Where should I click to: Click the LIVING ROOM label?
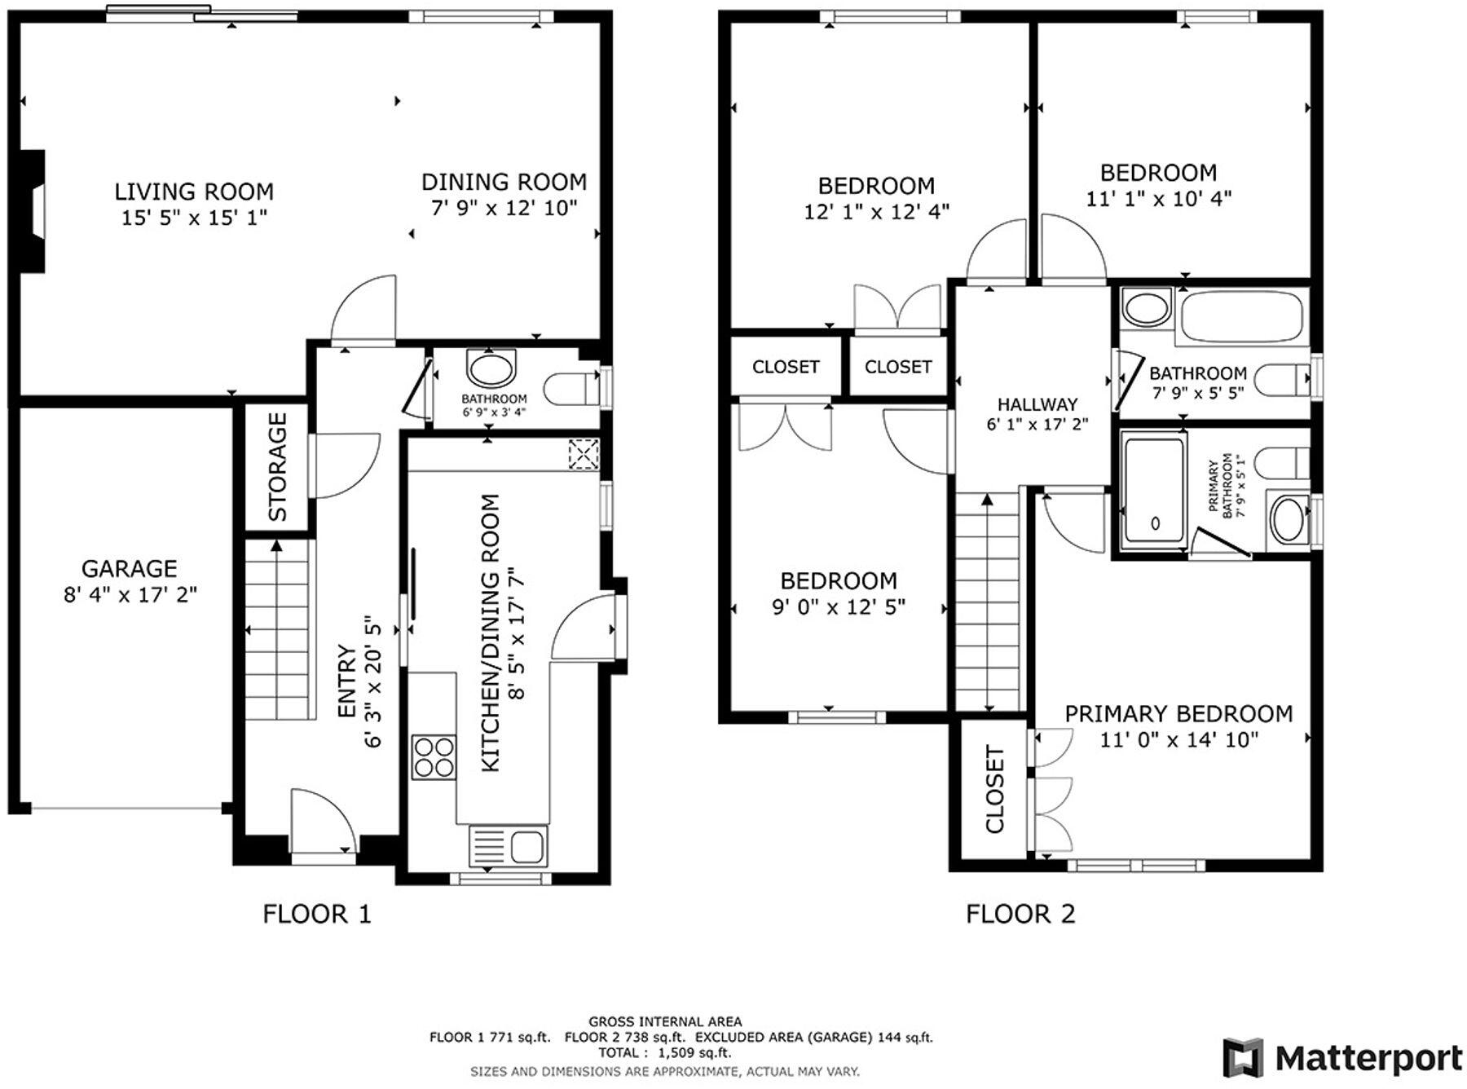tap(194, 192)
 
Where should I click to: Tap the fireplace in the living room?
tap(33, 211)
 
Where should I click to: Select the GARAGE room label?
tap(130, 568)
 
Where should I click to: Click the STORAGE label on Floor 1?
tap(278, 466)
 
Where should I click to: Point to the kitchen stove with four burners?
tap(434, 757)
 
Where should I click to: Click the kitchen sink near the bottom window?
tap(508, 846)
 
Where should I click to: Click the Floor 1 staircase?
tap(279, 629)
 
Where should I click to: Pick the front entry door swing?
tap(324, 819)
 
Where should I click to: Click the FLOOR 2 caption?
tap(1020, 914)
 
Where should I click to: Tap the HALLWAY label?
tap(1037, 404)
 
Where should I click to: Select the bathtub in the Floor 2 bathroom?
tap(1241, 317)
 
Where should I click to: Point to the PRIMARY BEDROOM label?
tap(1178, 714)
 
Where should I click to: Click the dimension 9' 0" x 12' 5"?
tap(839, 607)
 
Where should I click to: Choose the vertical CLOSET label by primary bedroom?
tap(995, 789)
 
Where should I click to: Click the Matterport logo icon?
tap(1243, 1058)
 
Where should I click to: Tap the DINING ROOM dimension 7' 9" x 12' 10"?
tap(504, 208)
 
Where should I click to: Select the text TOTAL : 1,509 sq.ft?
tap(664, 1053)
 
